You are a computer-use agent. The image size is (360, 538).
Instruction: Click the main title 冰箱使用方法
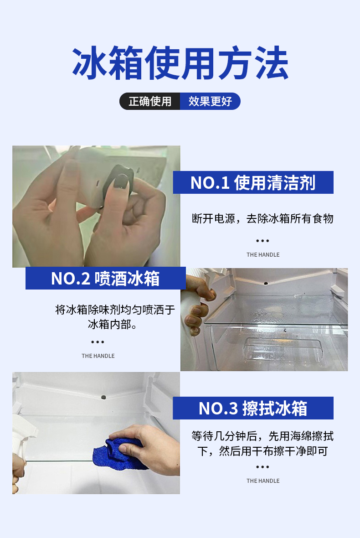180,63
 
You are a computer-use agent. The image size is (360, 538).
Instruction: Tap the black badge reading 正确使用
150,101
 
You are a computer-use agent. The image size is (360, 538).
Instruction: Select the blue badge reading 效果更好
210,101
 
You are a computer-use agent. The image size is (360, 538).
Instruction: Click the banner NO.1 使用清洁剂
253,182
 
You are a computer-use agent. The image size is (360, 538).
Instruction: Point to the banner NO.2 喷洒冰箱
106,278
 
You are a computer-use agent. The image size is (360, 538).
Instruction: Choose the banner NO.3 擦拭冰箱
253,408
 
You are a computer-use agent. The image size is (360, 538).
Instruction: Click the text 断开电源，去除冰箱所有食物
262,218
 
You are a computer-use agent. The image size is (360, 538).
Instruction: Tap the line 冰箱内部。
112,324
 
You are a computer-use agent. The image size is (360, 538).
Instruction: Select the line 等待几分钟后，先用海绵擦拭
262,436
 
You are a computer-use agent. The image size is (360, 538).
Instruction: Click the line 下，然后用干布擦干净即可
262,451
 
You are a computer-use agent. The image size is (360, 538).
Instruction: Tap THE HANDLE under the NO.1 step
263,254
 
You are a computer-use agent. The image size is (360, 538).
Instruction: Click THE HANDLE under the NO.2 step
98,356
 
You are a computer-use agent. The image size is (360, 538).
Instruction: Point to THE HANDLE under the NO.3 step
263,481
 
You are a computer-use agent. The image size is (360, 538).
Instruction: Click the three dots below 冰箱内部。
98,342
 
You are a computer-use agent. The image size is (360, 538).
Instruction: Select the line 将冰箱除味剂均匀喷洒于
115,310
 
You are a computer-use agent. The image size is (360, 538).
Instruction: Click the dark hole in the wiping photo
103,397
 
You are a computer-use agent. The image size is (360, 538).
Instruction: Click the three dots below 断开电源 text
262,241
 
